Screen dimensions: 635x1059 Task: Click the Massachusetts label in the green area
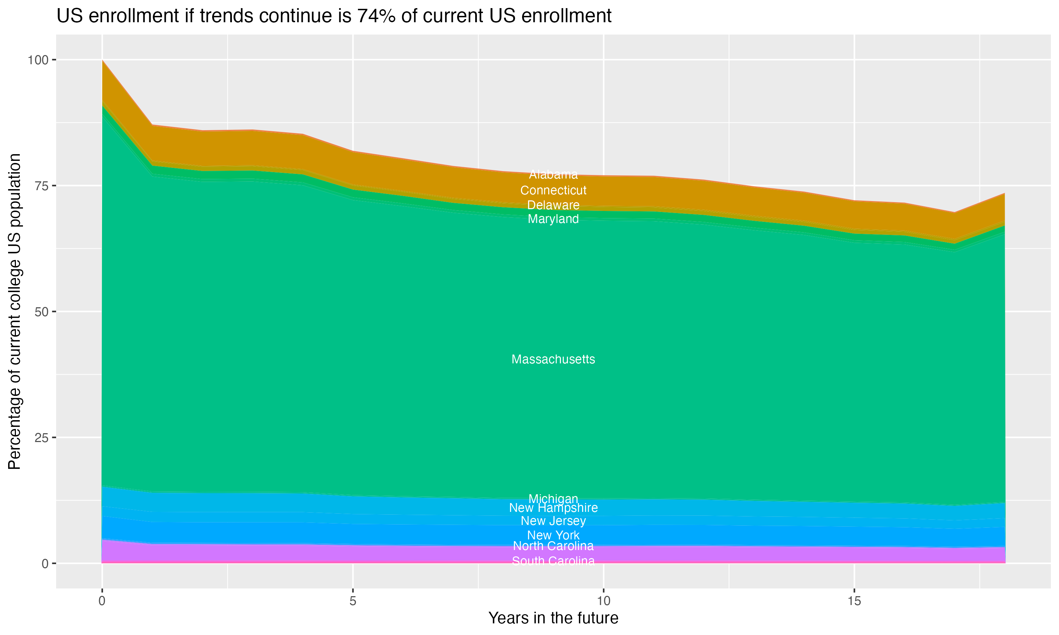click(x=553, y=359)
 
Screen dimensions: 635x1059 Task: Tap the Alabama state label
click(x=553, y=175)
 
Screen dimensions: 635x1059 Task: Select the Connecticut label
click(x=553, y=190)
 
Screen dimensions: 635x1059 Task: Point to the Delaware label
click(x=553, y=205)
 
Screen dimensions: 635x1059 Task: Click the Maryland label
click(x=553, y=219)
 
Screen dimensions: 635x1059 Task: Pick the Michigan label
click(x=553, y=499)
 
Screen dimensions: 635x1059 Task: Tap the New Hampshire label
click(x=553, y=508)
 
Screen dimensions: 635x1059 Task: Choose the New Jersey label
click(x=553, y=521)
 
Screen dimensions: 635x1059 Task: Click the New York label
click(x=553, y=535)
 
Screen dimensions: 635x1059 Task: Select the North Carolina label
click(x=553, y=546)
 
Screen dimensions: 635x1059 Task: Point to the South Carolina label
click(x=553, y=561)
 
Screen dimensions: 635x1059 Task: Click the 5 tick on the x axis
click(x=353, y=601)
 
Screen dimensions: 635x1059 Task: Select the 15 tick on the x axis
click(x=854, y=601)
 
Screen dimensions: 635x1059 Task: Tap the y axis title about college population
click(x=14, y=312)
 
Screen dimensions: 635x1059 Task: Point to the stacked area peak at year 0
click(x=102, y=61)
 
